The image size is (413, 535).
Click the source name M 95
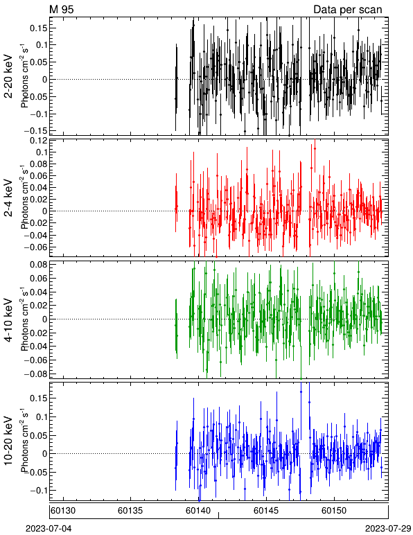tap(62, 9)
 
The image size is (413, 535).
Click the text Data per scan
tap(348, 10)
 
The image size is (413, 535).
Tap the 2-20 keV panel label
tap(8, 76)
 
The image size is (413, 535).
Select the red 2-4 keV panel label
tap(8, 198)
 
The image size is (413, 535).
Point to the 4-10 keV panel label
tap(8, 320)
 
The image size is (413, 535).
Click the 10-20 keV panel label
tap(8, 441)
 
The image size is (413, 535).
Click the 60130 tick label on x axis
tap(63, 511)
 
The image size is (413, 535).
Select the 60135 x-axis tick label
tap(130, 511)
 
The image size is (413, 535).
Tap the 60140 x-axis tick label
tap(198, 511)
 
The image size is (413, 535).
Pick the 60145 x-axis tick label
tap(266, 511)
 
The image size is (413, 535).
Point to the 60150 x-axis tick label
tap(333, 511)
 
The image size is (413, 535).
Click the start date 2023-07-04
tap(49, 529)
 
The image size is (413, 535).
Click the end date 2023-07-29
tap(388, 529)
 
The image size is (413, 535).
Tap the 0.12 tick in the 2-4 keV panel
tap(38, 141)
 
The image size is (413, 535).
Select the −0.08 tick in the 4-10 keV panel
tap(36, 374)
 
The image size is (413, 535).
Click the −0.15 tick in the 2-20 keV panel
tap(36, 131)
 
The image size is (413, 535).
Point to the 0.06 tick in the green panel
tap(38, 279)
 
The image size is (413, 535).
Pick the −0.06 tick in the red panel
tap(36, 247)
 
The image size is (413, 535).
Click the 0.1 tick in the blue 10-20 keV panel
tap(40, 417)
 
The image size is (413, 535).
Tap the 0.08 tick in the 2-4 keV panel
tap(38, 164)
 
